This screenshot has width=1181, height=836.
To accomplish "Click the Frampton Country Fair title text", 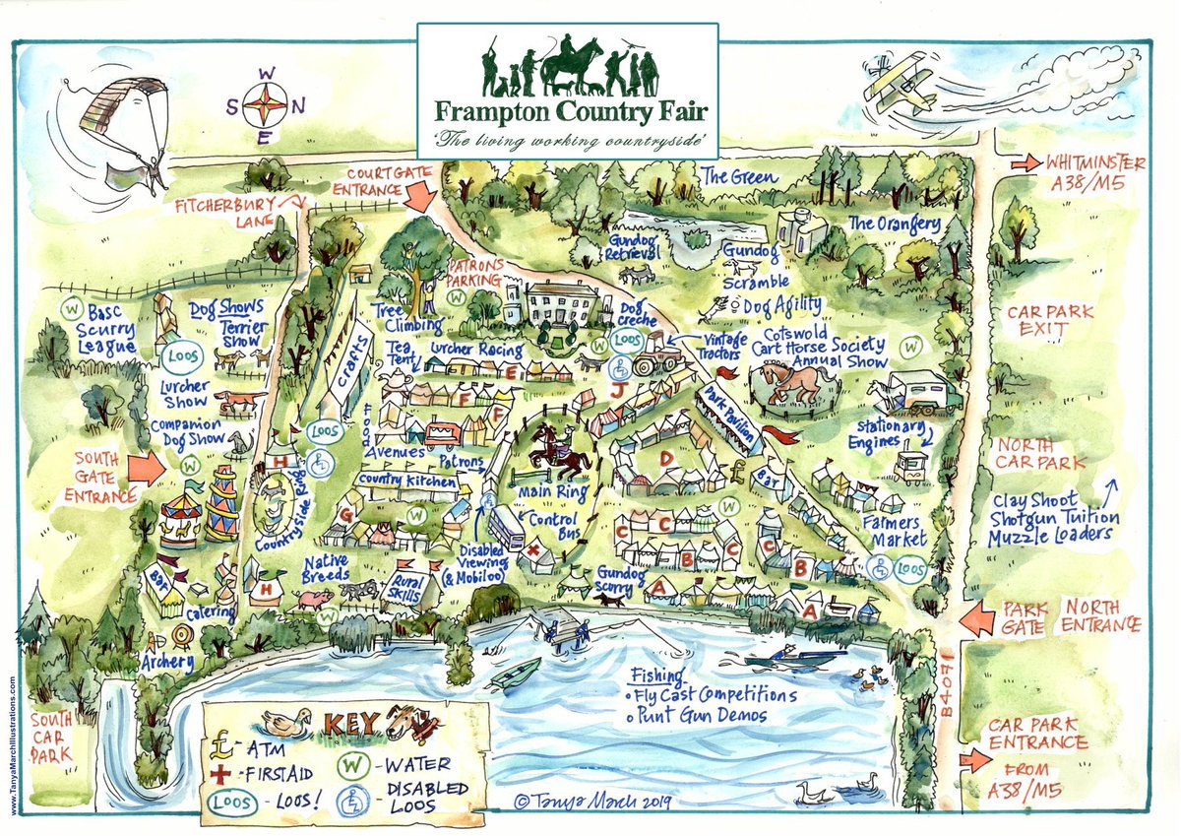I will pos(567,109).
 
